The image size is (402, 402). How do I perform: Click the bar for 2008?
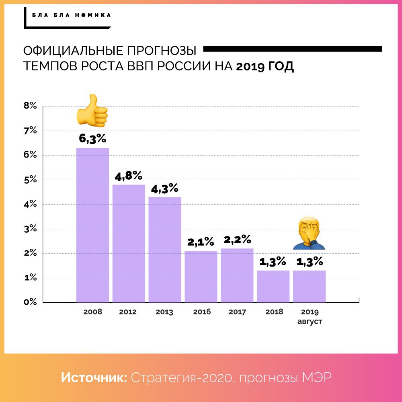point(92,225)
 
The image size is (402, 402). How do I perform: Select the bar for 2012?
point(129,243)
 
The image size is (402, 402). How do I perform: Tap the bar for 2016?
point(201,276)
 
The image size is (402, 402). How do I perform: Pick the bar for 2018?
point(273,286)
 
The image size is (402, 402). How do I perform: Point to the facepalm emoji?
point(308,234)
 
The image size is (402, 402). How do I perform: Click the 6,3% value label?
point(92,139)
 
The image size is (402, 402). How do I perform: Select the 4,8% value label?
point(129,176)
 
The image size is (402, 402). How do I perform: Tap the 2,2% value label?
point(237,240)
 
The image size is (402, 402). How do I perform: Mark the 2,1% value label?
point(201,242)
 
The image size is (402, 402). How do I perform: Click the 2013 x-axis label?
point(164,312)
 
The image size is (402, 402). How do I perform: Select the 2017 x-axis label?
point(237,312)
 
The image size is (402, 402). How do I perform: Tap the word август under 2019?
point(310,322)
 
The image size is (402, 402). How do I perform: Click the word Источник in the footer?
point(94,378)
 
